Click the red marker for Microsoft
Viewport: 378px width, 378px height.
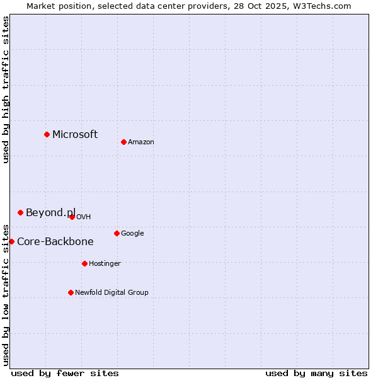(47, 134)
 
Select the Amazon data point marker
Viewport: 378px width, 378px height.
(123, 142)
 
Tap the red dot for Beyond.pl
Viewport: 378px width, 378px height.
(20, 212)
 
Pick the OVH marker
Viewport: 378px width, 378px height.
(72, 217)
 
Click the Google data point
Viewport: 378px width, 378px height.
(117, 233)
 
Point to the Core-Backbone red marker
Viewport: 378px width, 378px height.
(11, 241)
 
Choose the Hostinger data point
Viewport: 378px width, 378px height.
(84, 263)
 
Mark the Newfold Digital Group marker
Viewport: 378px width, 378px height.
(71, 292)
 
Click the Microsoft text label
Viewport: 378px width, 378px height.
(75, 134)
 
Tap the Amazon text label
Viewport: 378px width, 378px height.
(141, 142)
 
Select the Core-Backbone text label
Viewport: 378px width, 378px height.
(55, 241)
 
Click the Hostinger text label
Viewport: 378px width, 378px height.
(105, 263)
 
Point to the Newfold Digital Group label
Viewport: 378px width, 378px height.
(112, 292)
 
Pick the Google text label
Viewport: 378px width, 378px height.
(132, 233)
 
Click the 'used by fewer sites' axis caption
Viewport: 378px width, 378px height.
(65, 373)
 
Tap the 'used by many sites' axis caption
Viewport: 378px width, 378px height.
(316, 373)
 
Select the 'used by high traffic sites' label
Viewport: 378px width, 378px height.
(6, 89)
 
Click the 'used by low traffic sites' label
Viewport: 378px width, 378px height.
(6, 295)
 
